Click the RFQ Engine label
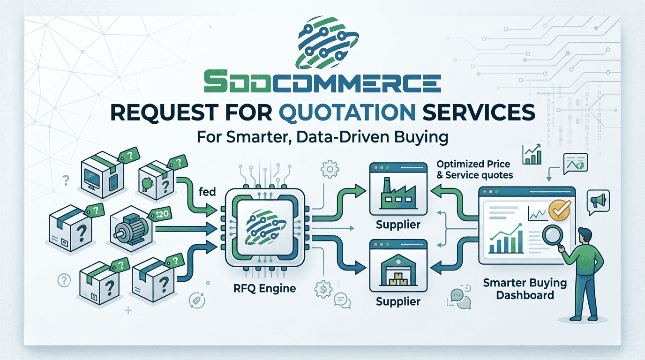[x=264, y=288]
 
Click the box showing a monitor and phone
[x=100, y=174]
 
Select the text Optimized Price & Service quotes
[x=473, y=169]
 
